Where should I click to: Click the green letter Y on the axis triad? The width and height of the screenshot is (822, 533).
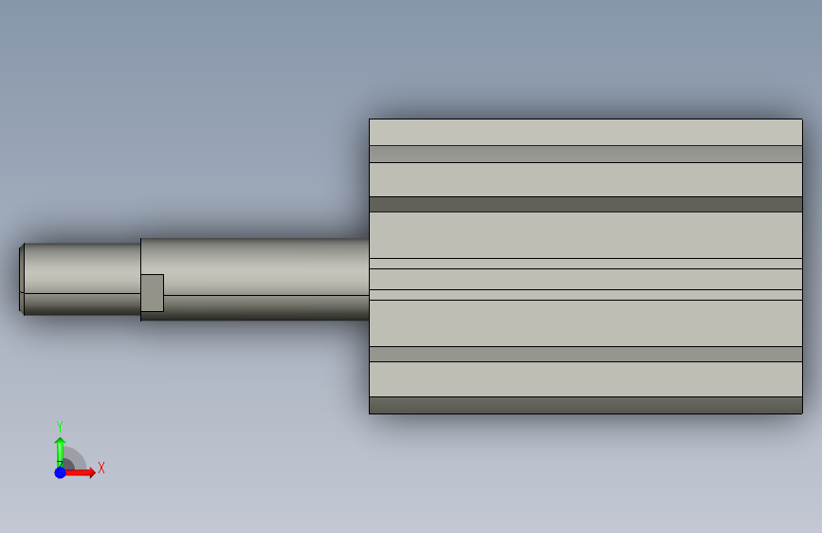(x=60, y=426)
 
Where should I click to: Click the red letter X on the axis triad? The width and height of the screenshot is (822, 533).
(x=101, y=468)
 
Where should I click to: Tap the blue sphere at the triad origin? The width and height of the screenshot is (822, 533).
(x=61, y=472)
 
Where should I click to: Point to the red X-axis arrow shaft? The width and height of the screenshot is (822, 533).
(x=78, y=472)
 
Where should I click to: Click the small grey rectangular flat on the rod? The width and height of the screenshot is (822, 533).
(x=153, y=293)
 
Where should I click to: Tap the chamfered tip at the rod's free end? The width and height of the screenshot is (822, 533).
(x=22, y=279)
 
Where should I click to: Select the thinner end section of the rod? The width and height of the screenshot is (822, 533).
(x=82, y=279)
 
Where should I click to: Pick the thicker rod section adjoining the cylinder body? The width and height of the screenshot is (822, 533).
(x=255, y=280)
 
